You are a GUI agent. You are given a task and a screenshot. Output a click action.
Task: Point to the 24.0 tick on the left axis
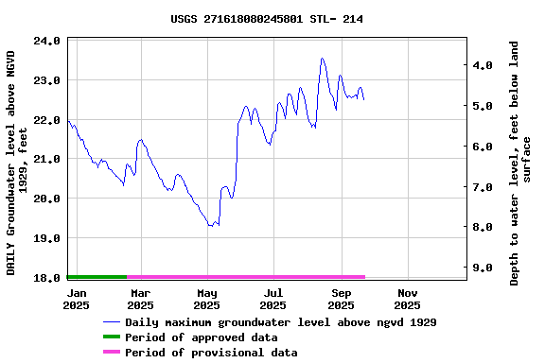click(47, 42)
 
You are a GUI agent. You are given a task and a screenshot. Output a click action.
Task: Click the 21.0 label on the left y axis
click(47, 160)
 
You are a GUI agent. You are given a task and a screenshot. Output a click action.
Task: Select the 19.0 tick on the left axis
click(47, 238)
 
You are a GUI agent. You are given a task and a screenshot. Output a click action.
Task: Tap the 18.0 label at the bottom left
click(47, 278)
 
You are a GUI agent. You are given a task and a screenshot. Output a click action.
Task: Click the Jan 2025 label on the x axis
click(77, 299)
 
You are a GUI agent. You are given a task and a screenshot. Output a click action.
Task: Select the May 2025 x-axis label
click(206, 299)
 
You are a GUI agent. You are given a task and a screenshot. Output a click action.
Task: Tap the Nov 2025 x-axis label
click(407, 299)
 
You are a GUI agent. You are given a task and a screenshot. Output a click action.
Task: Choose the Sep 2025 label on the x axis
click(341, 299)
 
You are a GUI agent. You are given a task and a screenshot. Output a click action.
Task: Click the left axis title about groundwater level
click(17, 163)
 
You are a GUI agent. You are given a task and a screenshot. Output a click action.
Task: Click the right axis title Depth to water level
click(520, 163)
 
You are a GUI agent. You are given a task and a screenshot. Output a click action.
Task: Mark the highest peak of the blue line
click(322, 59)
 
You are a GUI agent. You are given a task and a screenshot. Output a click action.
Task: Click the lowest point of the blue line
click(211, 226)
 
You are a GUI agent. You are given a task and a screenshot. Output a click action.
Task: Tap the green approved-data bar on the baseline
click(97, 277)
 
